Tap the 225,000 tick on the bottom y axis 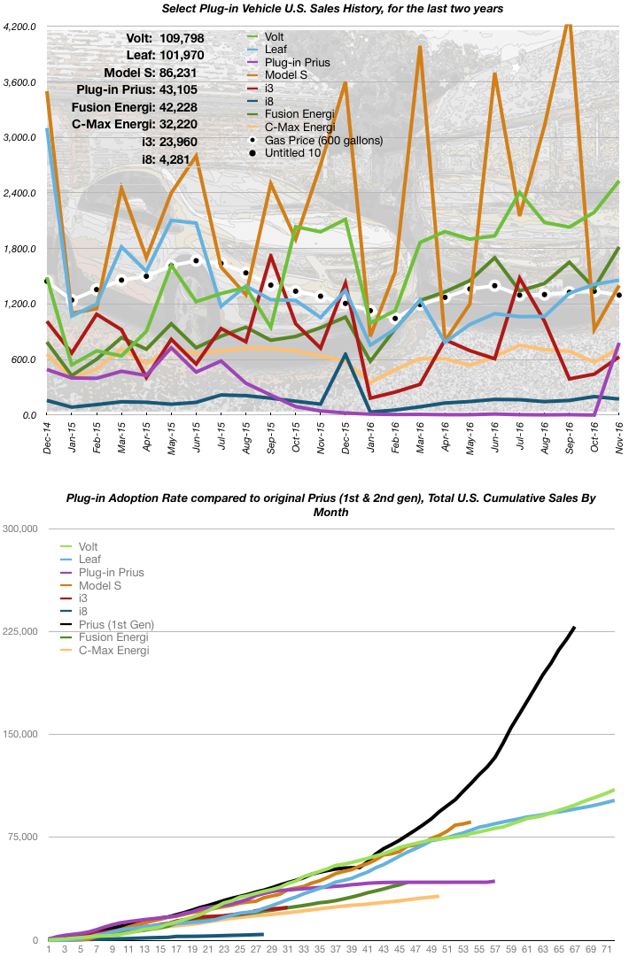[x=19, y=631]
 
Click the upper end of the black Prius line [x=574, y=628]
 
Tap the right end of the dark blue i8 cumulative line [x=262, y=934]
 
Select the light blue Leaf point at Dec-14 [x=47, y=129]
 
